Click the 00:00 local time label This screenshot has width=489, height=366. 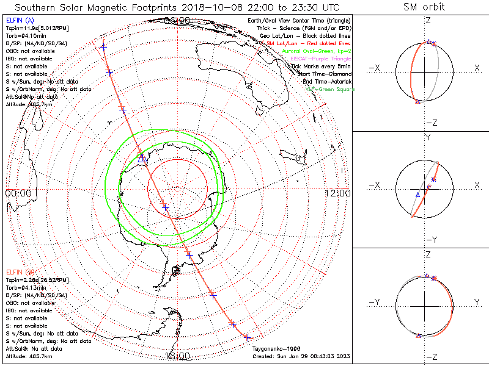(18, 193)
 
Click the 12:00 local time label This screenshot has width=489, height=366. (337, 193)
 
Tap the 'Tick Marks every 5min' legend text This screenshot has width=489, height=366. (320, 66)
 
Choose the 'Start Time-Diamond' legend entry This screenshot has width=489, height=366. (323, 74)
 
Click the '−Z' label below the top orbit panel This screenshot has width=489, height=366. (431, 123)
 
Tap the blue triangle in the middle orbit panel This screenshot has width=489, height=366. (417, 195)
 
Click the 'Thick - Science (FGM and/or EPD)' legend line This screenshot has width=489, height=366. (307, 28)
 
